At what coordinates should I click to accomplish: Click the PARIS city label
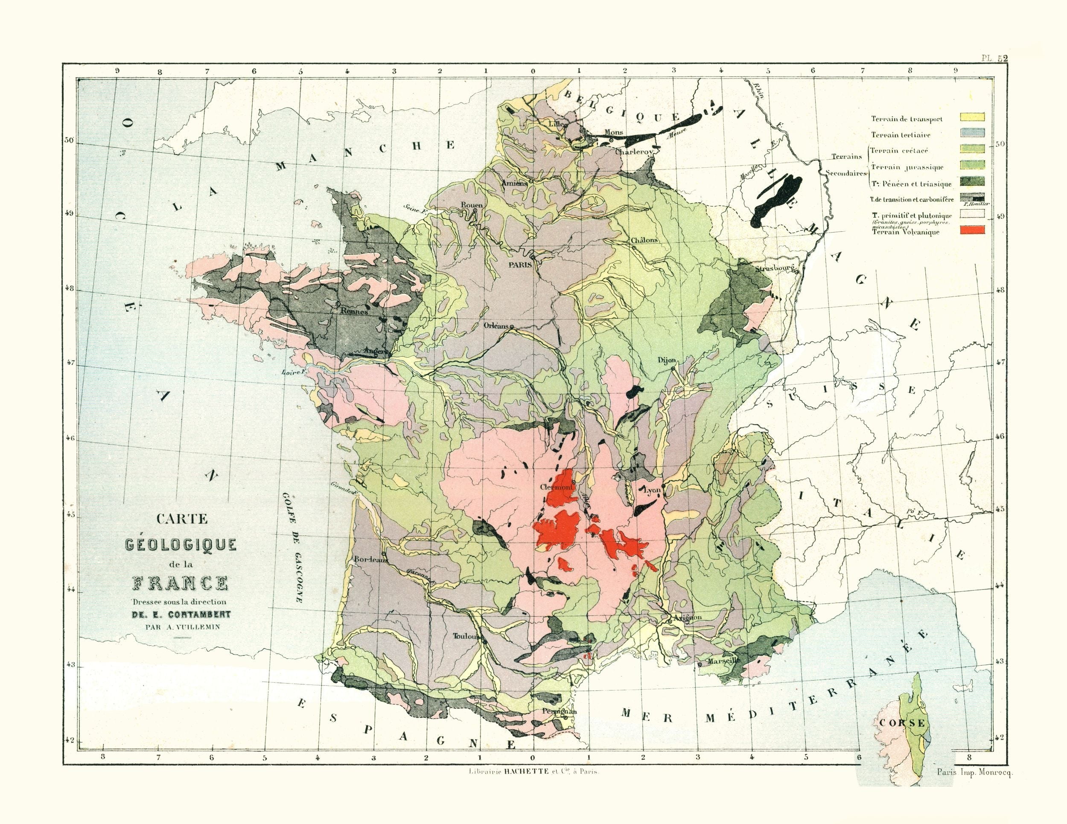pos(519,265)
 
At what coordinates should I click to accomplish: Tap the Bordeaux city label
pos(371,560)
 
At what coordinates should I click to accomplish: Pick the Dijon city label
pos(666,361)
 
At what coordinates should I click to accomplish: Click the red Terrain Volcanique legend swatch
pos(972,230)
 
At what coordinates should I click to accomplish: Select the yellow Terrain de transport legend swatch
pos(972,117)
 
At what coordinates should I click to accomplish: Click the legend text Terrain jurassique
pos(907,167)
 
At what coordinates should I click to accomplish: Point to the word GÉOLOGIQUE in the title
pos(181,544)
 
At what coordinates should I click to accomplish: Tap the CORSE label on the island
pos(901,723)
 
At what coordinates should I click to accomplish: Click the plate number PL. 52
pos(995,58)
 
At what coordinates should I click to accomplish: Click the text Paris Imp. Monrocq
pos(975,773)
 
